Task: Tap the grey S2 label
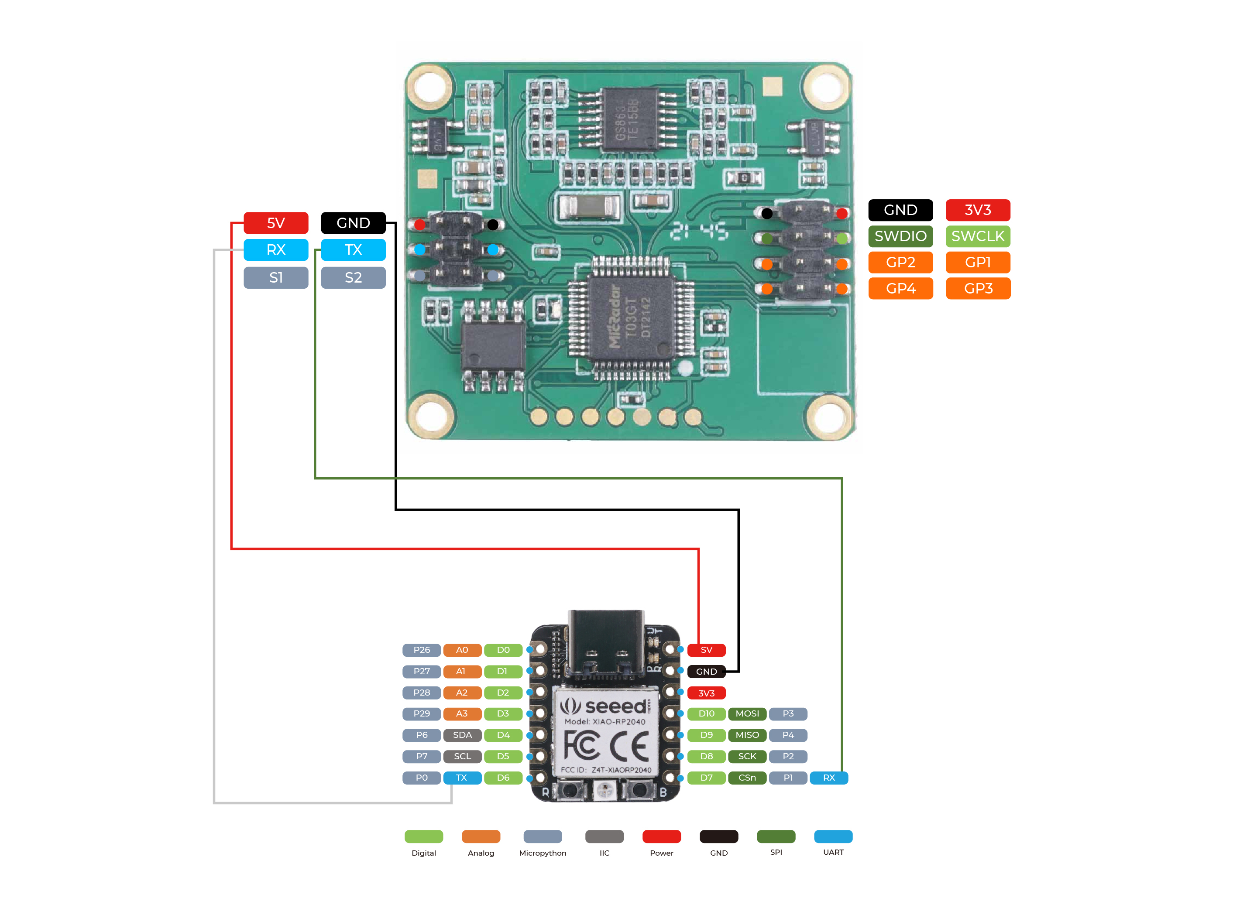[x=353, y=277]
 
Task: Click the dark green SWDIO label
[x=900, y=236]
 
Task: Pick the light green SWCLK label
[x=978, y=236]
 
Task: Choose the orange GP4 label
[x=900, y=289]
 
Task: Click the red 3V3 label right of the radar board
[x=978, y=210]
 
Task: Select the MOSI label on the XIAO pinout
[x=747, y=713]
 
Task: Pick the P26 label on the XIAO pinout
[x=422, y=650]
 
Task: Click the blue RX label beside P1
[x=828, y=778]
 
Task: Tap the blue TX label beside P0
[x=462, y=778]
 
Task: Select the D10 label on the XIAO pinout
[x=706, y=713]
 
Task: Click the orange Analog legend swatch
[x=481, y=836]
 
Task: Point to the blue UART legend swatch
[x=833, y=836]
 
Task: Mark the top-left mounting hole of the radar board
[x=430, y=87]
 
